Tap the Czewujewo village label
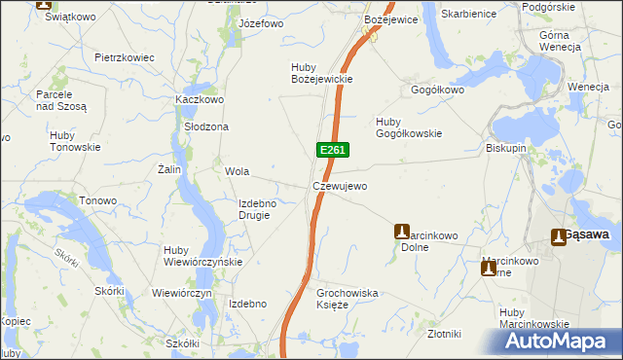click(x=340, y=186)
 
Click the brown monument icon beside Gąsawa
click(x=559, y=236)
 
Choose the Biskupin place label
click(x=506, y=149)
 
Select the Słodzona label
click(x=206, y=126)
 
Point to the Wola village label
click(x=238, y=171)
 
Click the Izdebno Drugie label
click(x=258, y=209)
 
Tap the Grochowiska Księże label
click(x=348, y=298)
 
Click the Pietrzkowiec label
click(x=125, y=57)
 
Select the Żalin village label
click(x=170, y=168)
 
